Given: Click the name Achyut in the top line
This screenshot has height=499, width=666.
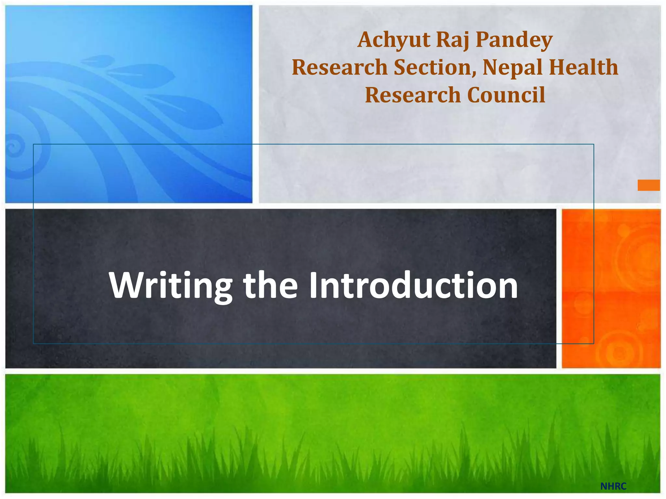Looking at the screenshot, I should coord(393,40).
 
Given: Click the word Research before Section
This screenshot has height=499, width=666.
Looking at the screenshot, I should coord(340,67).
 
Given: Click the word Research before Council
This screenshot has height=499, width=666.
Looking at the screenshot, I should coord(413,95).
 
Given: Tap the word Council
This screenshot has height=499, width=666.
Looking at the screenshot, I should coord(506,95).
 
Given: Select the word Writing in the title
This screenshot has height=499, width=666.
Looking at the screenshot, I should coord(171,286).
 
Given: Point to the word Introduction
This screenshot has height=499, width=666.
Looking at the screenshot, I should coord(413,285).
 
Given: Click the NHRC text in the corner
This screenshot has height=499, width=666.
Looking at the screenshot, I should coord(613,486).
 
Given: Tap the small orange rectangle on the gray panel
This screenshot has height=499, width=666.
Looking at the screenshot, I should coord(648,185).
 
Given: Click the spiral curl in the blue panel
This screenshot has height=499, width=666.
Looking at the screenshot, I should coord(15,146).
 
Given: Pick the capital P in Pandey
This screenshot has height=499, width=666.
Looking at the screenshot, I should coord(483,40).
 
